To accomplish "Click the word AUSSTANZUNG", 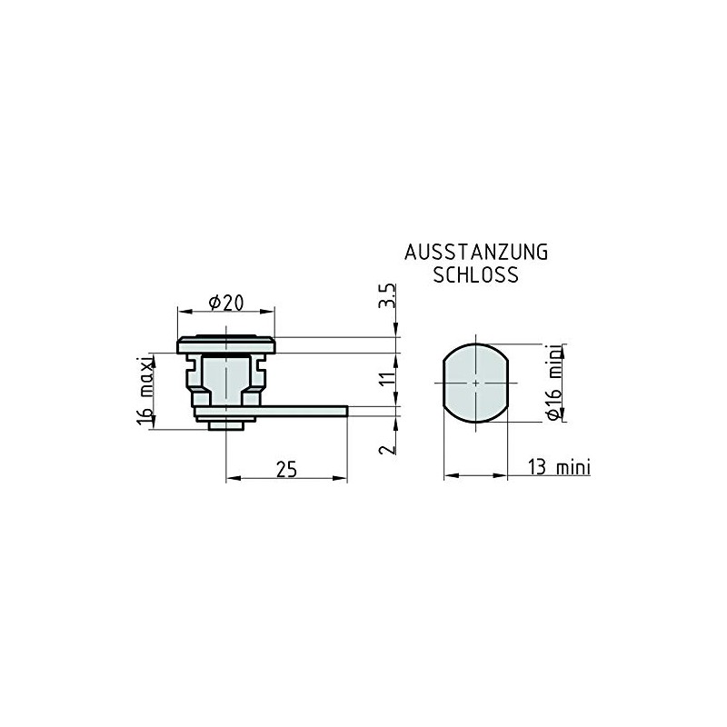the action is click(x=476, y=253).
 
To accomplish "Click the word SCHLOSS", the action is click(x=475, y=275).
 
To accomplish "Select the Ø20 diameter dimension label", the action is click(x=225, y=303).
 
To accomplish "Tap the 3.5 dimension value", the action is click(x=388, y=295).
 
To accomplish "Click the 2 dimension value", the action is click(x=388, y=449).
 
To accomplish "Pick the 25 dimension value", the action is click(x=286, y=469).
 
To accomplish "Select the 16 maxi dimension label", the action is click(x=145, y=391).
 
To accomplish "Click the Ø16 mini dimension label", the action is click(x=554, y=383).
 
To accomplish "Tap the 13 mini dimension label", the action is click(x=559, y=467).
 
